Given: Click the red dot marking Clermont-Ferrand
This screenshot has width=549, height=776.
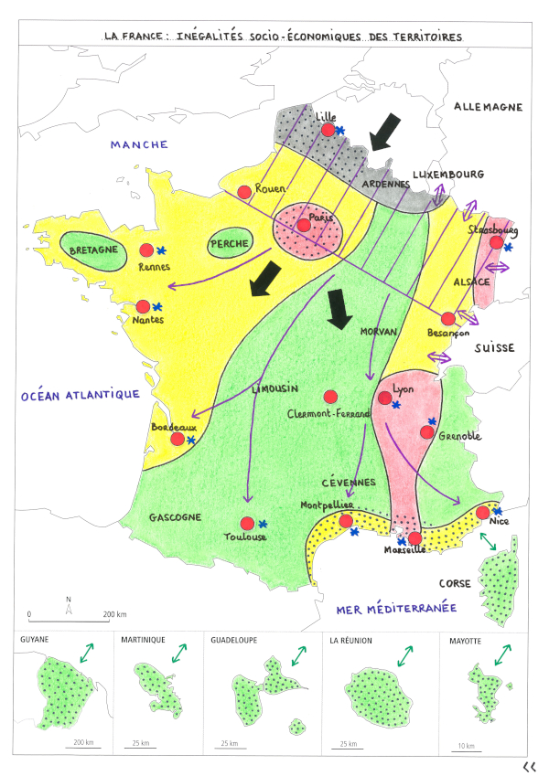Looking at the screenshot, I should click(x=331, y=397).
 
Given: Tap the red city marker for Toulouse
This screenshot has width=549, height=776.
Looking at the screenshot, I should click(x=246, y=523).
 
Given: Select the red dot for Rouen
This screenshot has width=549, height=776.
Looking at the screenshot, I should click(x=244, y=192).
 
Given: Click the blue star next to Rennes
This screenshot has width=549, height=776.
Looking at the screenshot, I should click(x=162, y=250).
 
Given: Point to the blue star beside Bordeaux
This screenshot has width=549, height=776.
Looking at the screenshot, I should click(x=191, y=441).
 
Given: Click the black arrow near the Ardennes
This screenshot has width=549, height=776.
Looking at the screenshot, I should click(x=384, y=132).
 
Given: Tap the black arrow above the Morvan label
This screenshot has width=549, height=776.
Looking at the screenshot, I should click(x=339, y=309).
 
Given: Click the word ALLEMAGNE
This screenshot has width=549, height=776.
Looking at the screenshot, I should click(x=489, y=107).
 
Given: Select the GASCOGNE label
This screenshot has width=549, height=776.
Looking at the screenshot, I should click(x=174, y=517).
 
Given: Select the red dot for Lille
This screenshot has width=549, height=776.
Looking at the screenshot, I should click(x=328, y=131).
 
